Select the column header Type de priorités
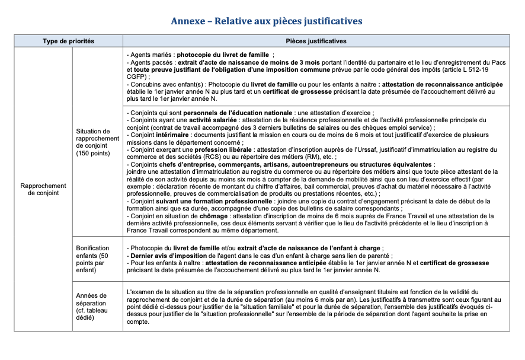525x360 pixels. click(68, 41)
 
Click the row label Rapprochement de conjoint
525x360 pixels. click(43, 189)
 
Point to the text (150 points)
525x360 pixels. click(93, 154)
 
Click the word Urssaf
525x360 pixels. click(347, 151)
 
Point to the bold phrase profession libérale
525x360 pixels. click(223, 151)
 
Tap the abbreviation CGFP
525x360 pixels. click(138, 76)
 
